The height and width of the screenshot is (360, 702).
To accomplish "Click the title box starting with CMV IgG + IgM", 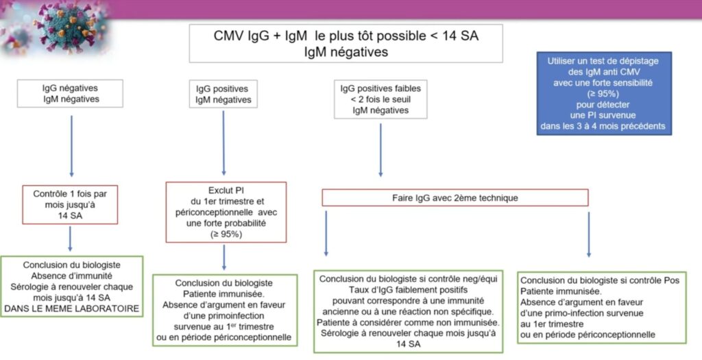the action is (346, 43).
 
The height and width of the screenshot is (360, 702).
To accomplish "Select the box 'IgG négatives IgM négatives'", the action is (71, 93).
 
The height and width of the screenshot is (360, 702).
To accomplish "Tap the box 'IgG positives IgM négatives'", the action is (223, 94).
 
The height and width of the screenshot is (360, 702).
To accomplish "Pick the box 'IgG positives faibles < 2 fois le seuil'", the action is (380, 99).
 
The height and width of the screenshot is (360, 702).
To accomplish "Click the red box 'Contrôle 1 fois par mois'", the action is (70, 204).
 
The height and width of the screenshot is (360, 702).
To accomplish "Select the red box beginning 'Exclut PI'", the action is (226, 213).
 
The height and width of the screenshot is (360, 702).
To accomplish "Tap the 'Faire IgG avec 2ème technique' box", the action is (455, 197).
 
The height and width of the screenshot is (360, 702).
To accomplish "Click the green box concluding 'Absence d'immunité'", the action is (71, 287).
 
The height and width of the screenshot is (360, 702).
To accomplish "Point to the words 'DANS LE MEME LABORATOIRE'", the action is (71, 309).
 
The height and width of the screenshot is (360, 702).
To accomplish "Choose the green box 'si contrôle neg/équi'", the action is (409, 311).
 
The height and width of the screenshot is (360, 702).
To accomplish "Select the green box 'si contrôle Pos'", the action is (602, 308).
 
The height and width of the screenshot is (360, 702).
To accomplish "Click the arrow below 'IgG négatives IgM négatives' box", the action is (71, 146).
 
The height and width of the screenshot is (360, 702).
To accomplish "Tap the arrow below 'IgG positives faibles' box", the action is (380, 150).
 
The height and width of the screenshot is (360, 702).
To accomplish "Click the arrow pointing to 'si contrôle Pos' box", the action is (588, 235).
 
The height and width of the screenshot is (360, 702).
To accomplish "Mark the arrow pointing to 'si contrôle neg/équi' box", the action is (326, 234).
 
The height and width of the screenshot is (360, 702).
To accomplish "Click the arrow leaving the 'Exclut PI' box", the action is (224, 257).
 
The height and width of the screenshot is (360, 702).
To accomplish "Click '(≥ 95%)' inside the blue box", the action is (603, 93).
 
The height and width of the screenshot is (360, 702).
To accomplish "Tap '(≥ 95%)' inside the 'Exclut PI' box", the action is (226, 234).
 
